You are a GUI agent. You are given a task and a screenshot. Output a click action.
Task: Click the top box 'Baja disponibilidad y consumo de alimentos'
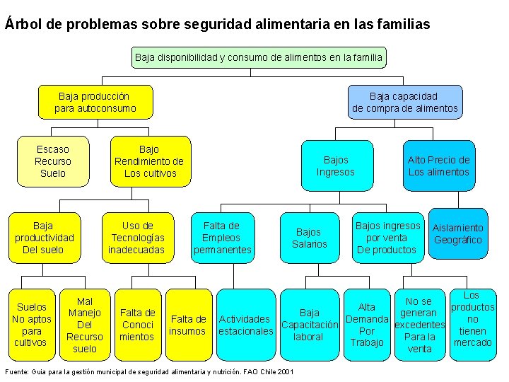259,57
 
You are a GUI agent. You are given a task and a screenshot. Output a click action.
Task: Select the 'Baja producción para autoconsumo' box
95,102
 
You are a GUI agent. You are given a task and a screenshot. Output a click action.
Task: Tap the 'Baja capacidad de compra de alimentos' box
404,102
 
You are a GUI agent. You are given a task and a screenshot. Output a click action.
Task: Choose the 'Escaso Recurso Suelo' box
53,161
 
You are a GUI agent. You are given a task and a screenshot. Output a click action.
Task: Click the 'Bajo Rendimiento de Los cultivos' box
149,161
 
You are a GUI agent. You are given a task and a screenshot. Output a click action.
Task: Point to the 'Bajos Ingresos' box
335,166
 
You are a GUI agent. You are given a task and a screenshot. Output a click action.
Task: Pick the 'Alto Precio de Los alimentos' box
438,166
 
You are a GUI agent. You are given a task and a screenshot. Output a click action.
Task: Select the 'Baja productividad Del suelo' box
43,238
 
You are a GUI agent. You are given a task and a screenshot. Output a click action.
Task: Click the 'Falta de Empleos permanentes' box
222,238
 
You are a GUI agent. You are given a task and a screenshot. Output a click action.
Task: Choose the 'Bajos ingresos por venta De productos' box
387,238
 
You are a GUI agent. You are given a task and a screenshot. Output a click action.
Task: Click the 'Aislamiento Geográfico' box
458,234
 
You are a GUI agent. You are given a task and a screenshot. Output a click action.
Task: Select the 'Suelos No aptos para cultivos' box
32,325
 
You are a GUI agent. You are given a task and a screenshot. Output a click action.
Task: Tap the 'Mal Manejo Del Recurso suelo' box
85,325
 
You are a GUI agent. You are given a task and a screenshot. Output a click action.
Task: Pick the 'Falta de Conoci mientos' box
138,325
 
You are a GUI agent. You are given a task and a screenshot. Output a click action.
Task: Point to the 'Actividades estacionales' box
245,325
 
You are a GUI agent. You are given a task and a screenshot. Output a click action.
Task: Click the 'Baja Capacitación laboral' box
310,325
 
